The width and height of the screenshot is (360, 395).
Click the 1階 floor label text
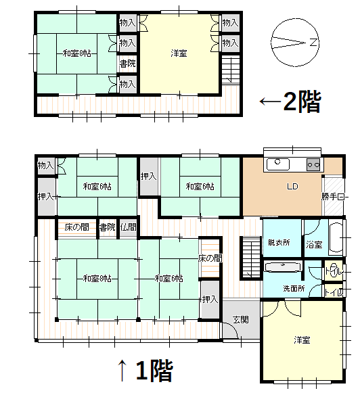point(154,370)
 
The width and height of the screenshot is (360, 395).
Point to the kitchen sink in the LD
point(277,164)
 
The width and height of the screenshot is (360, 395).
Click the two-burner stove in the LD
point(313,164)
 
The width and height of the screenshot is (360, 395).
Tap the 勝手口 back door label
point(334,197)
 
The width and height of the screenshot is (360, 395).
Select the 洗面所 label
point(293,289)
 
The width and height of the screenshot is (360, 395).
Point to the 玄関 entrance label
point(241,319)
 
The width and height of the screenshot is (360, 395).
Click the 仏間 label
point(129,227)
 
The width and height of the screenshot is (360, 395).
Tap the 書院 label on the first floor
point(107,227)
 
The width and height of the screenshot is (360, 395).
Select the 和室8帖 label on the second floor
point(77,53)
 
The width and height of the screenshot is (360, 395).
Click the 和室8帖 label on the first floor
point(97,278)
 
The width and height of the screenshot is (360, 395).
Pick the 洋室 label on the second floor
point(179,53)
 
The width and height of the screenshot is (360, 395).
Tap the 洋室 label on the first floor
point(302,340)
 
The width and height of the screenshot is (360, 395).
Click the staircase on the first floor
point(250,257)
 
